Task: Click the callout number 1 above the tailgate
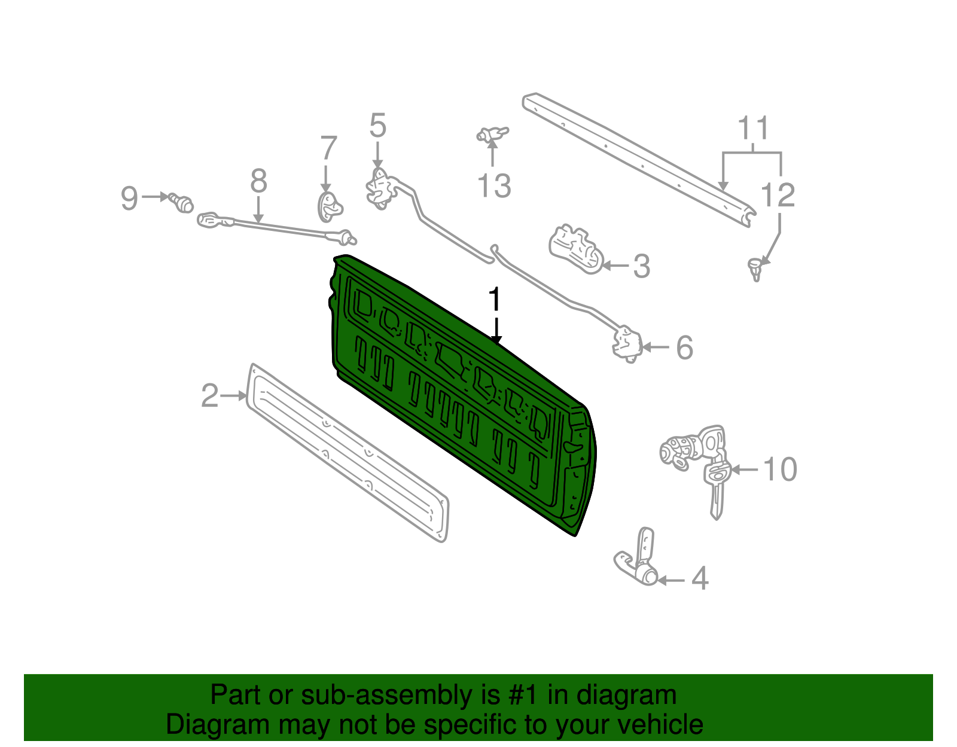tap(494, 300)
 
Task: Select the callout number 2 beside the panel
tap(209, 396)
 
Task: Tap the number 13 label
tap(494, 185)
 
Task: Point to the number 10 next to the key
tap(780, 469)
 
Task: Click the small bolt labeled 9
tap(181, 202)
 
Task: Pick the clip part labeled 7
tap(329, 206)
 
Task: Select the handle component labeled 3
tap(574, 248)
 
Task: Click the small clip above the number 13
tap(492, 135)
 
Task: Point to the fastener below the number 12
tap(756, 268)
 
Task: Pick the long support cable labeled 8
tap(275, 227)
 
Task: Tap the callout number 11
tap(752, 129)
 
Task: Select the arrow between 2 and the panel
tap(233, 396)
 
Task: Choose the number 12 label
tap(778, 196)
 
